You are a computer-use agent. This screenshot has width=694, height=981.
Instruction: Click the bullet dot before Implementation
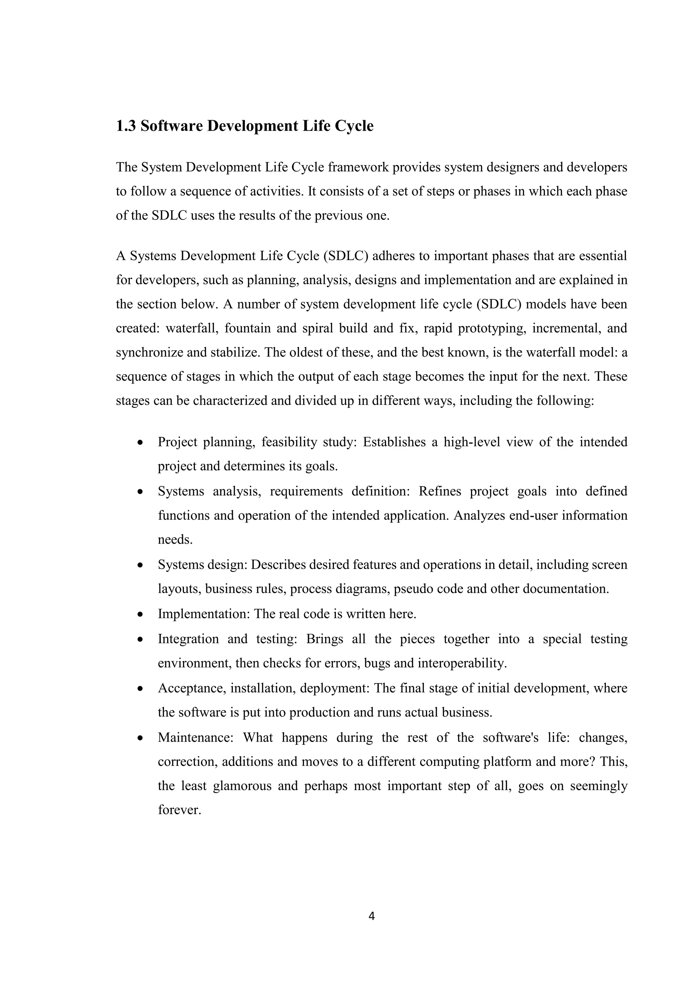[140, 615]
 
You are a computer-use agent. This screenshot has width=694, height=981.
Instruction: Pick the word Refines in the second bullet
[440, 492]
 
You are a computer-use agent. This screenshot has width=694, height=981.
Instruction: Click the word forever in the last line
[178, 810]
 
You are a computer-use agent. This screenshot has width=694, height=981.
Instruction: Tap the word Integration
[188, 639]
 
